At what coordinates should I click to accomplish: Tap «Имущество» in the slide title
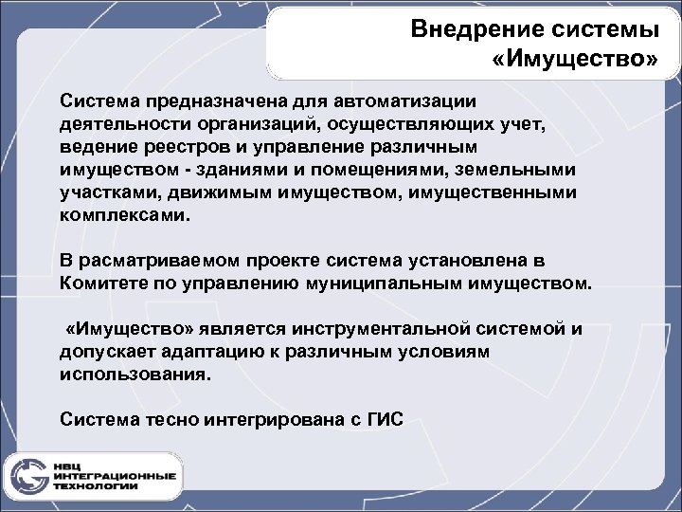tap(576, 61)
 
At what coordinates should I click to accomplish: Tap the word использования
tap(130, 375)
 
